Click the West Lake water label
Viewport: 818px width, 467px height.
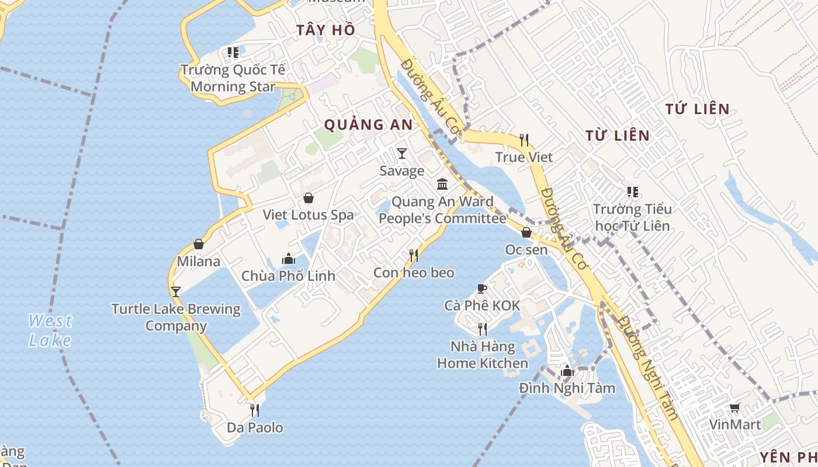50,330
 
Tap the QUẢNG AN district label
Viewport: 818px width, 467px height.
368,125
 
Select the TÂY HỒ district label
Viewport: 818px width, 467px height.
325,30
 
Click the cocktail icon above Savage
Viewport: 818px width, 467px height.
401,154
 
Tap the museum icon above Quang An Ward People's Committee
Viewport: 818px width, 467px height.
442,184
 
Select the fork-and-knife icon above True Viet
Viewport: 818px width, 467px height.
524,140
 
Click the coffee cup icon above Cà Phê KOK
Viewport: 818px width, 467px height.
481,288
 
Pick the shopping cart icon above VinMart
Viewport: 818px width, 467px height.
734,408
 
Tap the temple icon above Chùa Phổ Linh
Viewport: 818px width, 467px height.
288,259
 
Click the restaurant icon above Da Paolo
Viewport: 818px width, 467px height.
254,410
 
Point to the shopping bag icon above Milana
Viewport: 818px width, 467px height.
199,244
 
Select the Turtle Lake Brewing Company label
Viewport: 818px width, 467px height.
176,317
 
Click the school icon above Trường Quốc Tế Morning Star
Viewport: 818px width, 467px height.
233,53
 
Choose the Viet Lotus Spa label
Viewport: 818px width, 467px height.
308,215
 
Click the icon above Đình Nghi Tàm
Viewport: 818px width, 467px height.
567,371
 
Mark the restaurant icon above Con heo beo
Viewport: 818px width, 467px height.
414,256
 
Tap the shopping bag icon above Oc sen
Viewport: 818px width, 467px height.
526,232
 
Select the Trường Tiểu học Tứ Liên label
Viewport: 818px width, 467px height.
632,217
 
